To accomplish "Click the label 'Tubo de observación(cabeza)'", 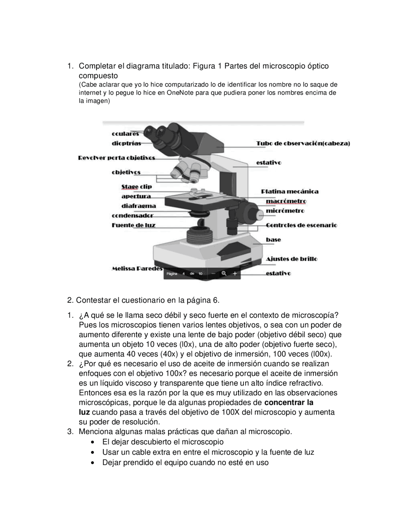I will coord(303,143).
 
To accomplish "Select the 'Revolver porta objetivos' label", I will coord(116,158).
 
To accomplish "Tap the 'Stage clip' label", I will coord(137,187).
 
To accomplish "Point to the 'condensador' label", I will coord(132,215).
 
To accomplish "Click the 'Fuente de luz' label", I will coord(133,225).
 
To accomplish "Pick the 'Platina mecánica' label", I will coord(290,191).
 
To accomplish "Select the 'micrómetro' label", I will coord(285,211).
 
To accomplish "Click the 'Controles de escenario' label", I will coord(301,225).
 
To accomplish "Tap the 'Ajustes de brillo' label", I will coord(291,259).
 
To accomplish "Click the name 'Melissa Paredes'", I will coord(137,268).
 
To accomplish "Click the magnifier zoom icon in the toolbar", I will coord(224,273).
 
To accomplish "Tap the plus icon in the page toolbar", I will coord(235,273).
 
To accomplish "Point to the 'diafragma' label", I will coord(138,206).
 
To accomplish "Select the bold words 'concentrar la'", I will coord(289,402).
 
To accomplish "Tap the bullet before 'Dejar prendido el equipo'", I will coord(93,463).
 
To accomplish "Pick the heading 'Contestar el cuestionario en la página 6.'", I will coord(143,300).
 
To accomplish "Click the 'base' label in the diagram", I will coord(273,239).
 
